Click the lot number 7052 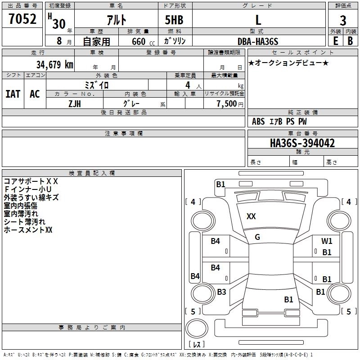click(x=22, y=19)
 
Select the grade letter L click(x=258, y=20)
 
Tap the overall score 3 click(x=343, y=21)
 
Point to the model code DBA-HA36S click(x=258, y=41)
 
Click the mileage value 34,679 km click(x=55, y=64)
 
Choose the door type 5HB click(x=174, y=20)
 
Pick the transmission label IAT click(x=13, y=94)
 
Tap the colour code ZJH click(x=75, y=104)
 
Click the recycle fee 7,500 click(x=227, y=103)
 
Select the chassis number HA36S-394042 click(x=302, y=143)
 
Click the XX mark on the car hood click(x=251, y=216)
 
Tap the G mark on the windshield click(x=257, y=237)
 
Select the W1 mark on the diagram click(x=327, y=241)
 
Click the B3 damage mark click(x=221, y=292)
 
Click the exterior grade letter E click(x=336, y=41)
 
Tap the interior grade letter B click(x=351, y=41)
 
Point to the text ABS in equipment click(x=258, y=121)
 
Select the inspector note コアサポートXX click(x=31, y=181)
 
